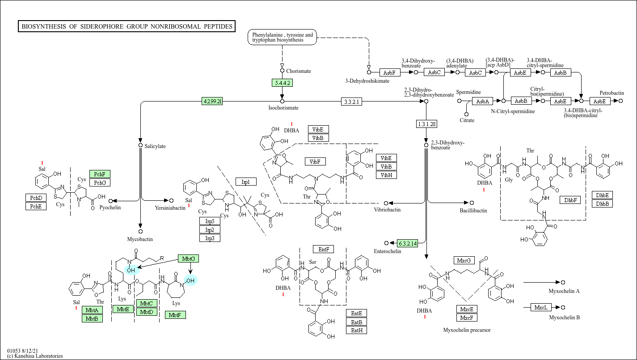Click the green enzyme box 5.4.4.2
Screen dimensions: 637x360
282,83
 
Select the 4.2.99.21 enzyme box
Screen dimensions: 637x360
212,101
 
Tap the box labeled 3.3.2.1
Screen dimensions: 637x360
351,102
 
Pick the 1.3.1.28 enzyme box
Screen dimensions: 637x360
426,124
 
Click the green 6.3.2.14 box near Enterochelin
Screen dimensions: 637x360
408,243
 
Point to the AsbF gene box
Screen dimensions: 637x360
390,72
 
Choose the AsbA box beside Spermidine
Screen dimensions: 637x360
483,101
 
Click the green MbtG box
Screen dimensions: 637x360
188,258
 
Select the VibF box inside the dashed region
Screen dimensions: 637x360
315,161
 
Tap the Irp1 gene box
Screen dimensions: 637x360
246,182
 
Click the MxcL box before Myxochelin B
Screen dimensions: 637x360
541,307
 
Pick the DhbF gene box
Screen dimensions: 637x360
570,200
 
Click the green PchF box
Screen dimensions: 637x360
100,174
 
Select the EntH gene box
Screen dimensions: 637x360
357,330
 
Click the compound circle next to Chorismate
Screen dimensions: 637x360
282,71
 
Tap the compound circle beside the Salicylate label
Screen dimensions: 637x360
140,145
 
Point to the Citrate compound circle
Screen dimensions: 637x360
466,114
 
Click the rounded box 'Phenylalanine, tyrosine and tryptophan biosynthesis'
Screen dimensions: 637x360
282,37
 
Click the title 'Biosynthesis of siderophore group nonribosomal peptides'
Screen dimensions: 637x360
127,26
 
